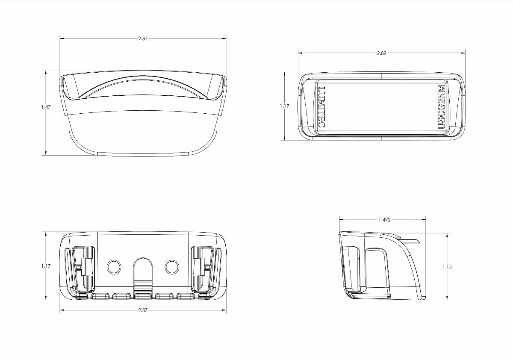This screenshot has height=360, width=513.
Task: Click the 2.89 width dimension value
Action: [x=381, y=53]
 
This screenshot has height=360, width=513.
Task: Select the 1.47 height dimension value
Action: [x=46, y=107]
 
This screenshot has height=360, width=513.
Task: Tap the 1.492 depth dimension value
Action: [x=384, y=220]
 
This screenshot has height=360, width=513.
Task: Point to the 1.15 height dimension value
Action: [x=447, y=266]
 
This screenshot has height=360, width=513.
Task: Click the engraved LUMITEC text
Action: [x=322, y=107]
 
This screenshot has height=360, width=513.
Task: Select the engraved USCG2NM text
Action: [x=441, y=107]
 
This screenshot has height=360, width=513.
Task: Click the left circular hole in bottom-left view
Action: [x=114, y=267]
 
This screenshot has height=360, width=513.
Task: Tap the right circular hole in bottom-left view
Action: [x=172, y=267]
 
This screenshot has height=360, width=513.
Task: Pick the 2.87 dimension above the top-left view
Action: [x=143, y=38]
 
